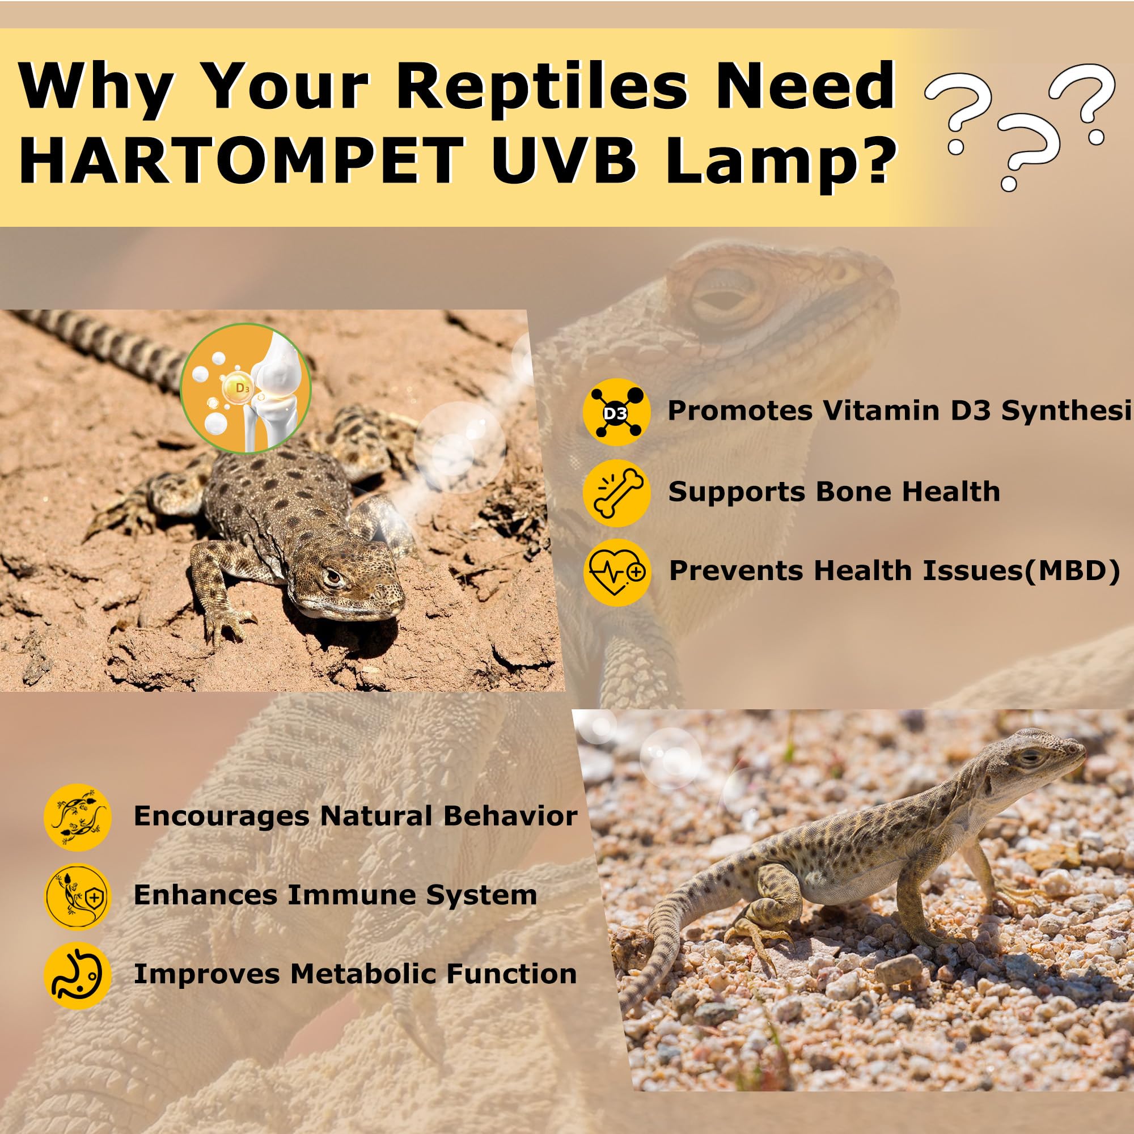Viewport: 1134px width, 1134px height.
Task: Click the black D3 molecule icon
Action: (616, 413)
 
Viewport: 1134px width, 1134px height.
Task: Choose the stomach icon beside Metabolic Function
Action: (78, 975)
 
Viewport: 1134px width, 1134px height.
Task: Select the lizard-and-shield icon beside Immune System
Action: (78, 896)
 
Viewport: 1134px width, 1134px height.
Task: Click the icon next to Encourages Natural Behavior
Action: (78, 817)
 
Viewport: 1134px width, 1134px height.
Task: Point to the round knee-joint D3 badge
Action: (246, 388)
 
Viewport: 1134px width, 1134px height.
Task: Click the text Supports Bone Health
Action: (833, 492)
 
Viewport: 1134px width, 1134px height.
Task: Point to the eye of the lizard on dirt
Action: (333, 578)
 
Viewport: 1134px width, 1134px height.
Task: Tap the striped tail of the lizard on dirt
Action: (105, 346)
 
